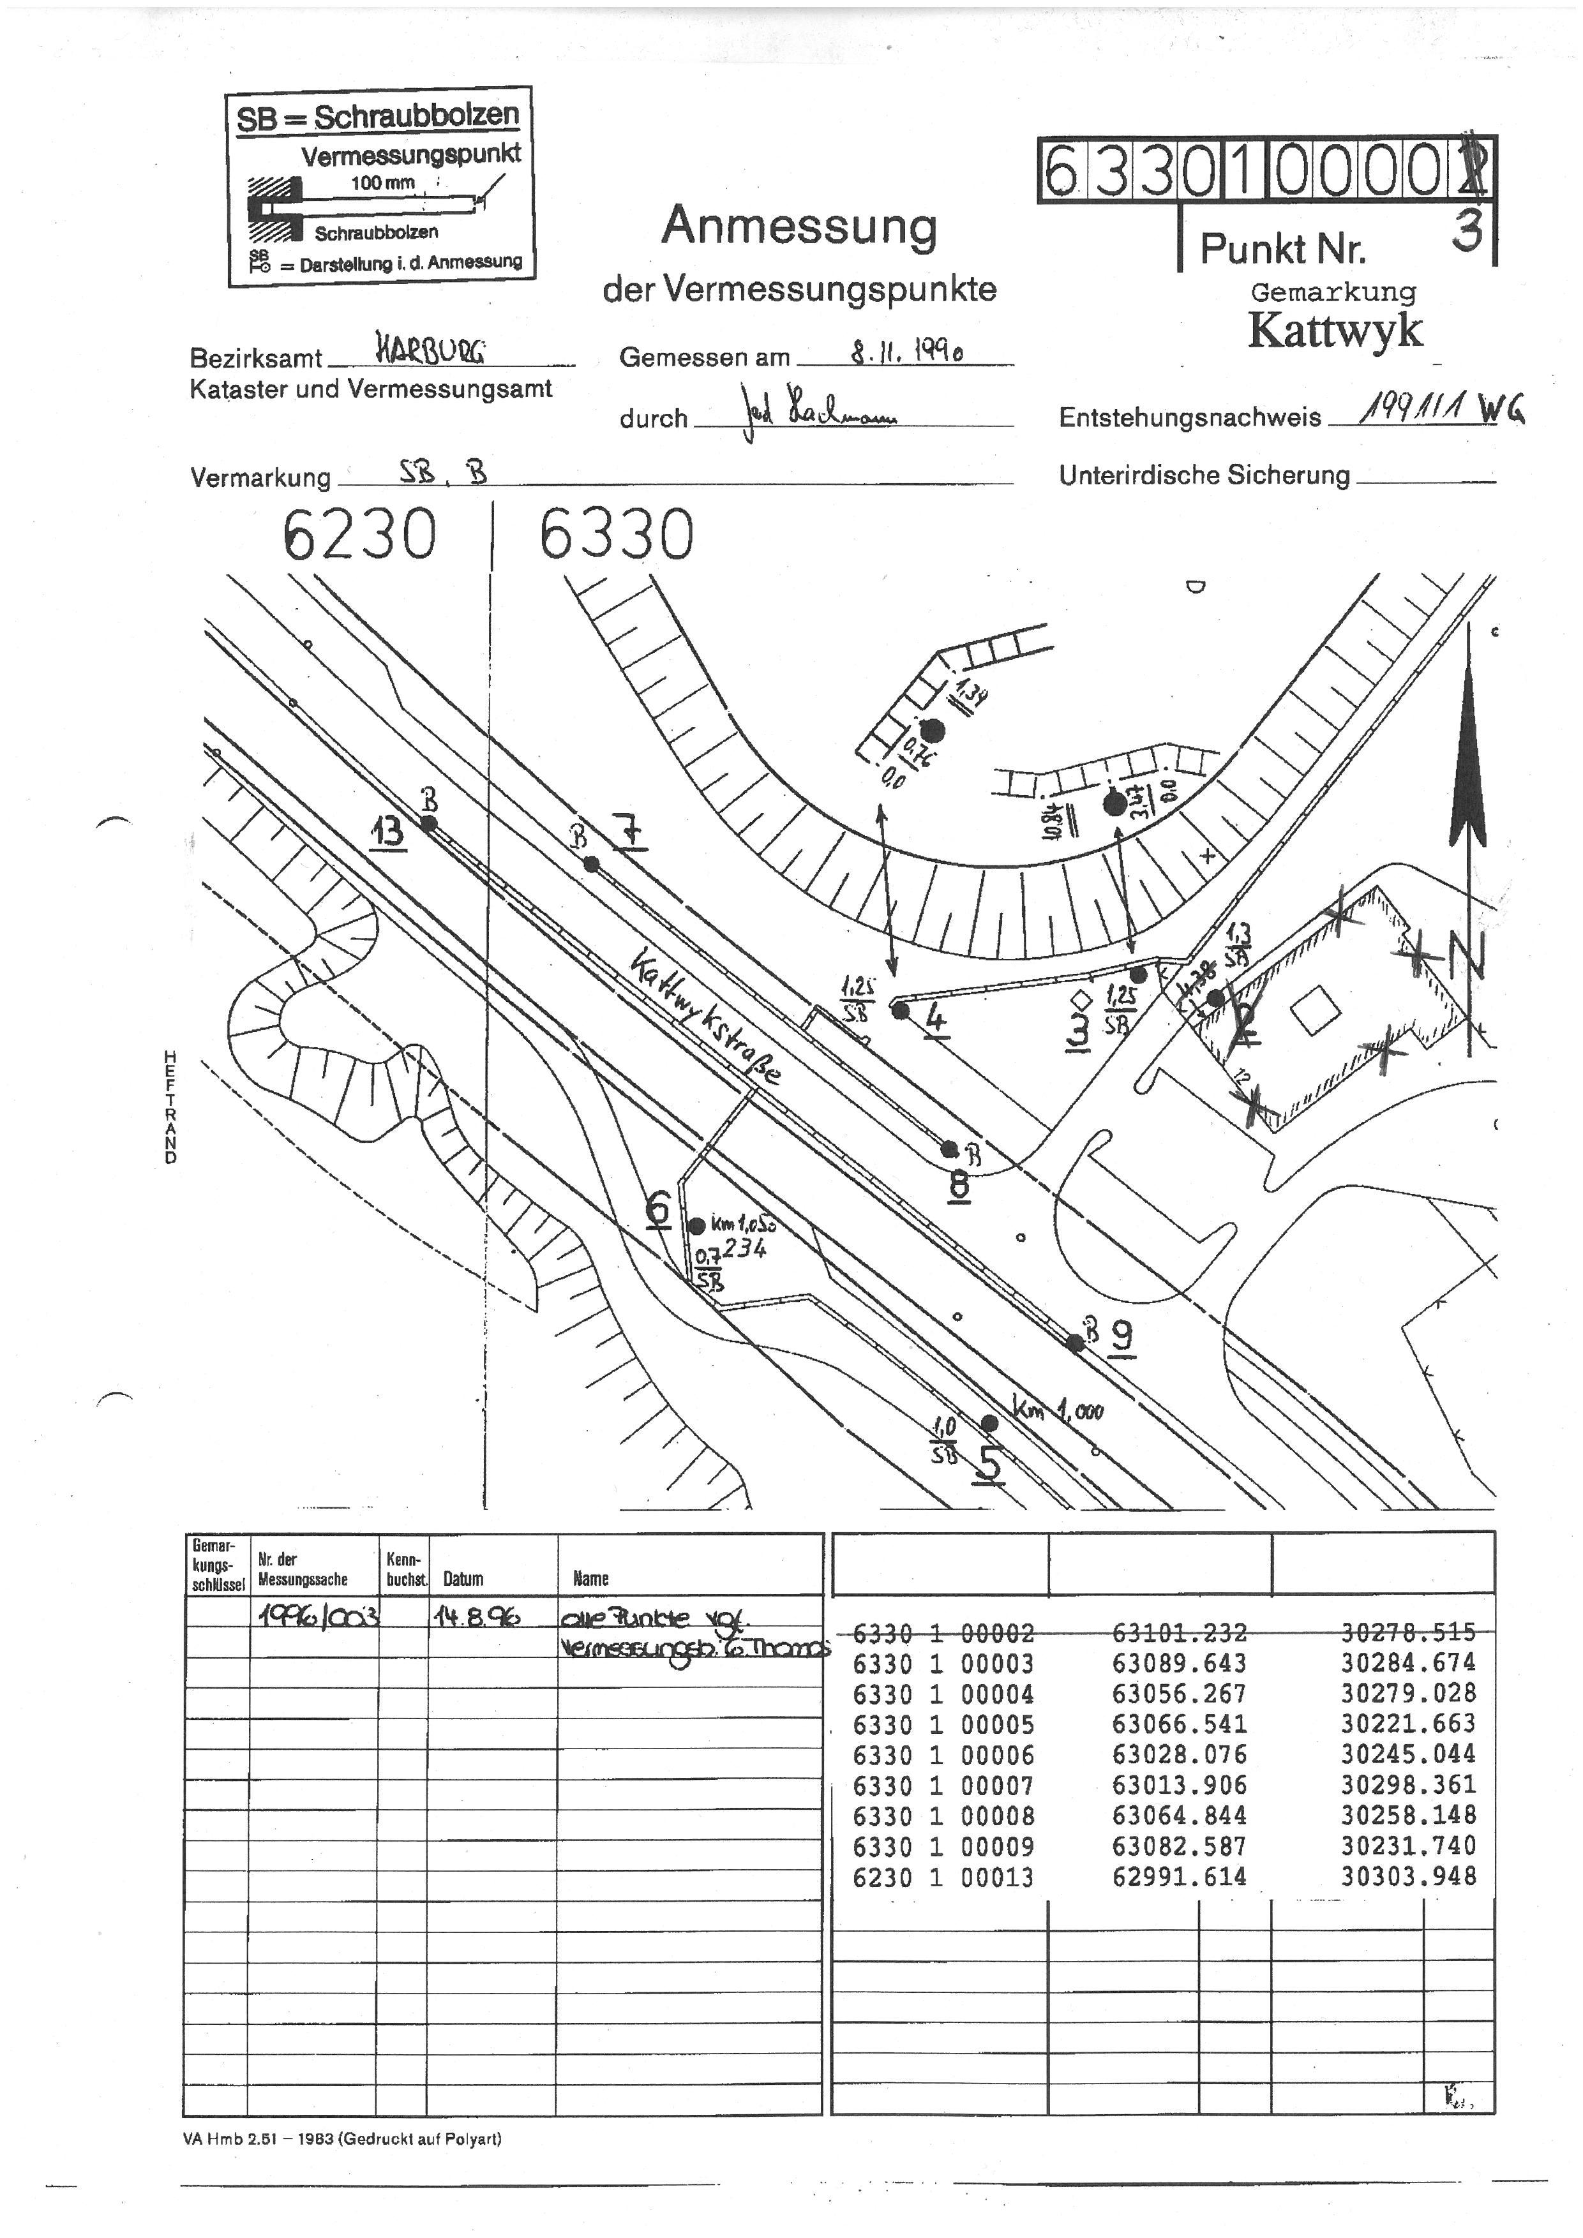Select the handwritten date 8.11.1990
(x=906, y=351)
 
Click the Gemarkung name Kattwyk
(x=1335, y=331)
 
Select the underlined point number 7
(x=631, y=832)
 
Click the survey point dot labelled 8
(x=949, y=1149)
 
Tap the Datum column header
(x=463, y=1578)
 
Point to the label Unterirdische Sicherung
(x=1204, y=475)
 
